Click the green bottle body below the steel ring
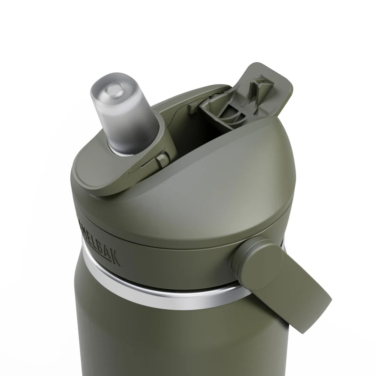174,341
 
